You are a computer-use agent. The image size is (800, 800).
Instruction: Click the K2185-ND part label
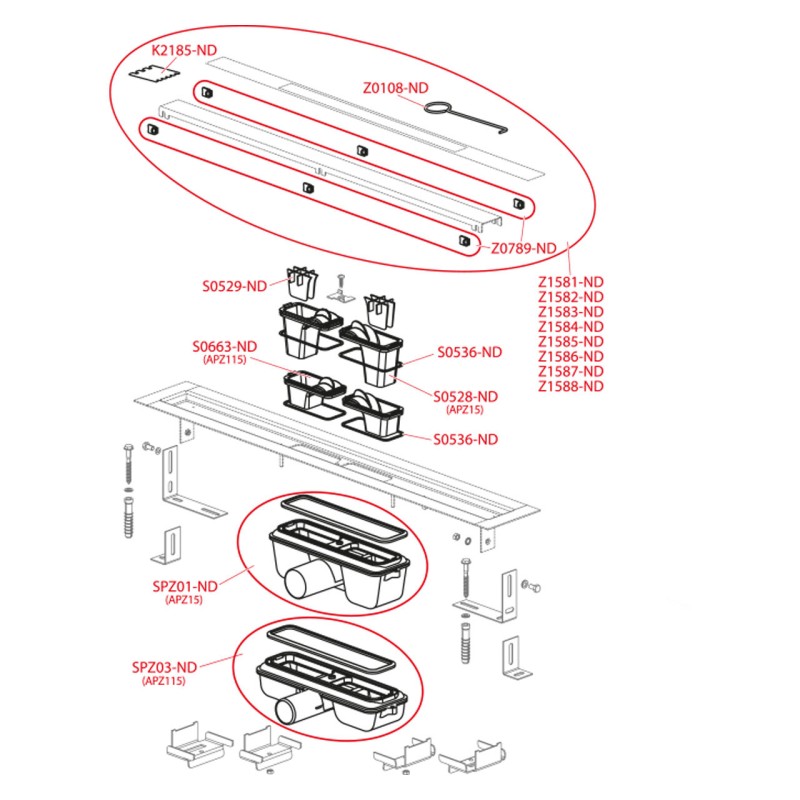[185, 50]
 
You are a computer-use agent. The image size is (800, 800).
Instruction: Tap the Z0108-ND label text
[396, 88]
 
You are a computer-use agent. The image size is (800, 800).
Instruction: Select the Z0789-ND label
[523, 248]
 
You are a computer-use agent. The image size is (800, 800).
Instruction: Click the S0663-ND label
[224, 347]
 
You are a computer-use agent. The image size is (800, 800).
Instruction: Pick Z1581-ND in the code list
[571, 281]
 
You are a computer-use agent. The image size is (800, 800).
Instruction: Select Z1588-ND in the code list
[571, 386]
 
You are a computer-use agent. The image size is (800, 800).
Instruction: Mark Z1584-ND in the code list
[571, 326]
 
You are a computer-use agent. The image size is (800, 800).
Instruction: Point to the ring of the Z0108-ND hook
[438, 107]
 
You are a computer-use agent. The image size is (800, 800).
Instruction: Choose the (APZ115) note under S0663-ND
[224, 360]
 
